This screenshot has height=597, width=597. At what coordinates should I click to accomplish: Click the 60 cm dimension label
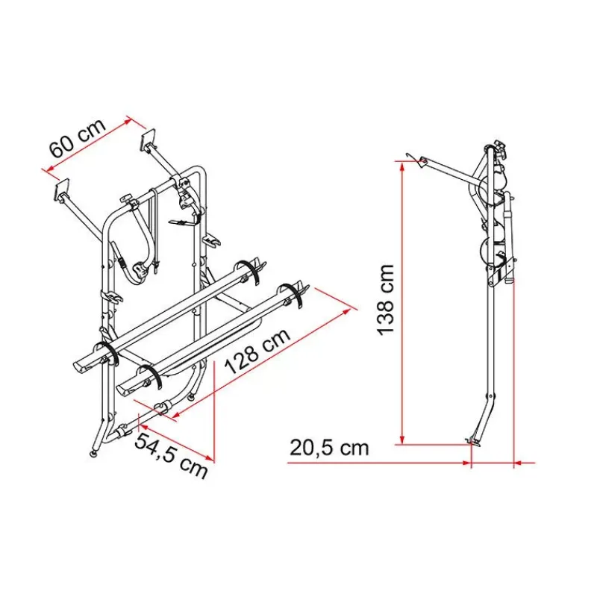(78, 138)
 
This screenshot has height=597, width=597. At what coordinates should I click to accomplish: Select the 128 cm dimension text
(257, 351)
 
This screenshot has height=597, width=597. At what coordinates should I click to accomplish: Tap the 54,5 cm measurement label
(172, 456)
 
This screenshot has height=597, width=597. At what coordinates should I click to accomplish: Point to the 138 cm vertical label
(385, 300)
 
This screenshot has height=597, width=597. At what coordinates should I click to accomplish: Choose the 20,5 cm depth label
(329, 448)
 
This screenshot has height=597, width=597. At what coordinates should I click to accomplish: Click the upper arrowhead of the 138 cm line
(402, 166)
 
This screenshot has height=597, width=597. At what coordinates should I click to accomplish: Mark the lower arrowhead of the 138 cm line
(402, 440)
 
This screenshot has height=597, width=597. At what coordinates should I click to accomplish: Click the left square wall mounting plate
(63, 189)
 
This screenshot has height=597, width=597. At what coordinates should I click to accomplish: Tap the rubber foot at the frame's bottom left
(93, 453)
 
